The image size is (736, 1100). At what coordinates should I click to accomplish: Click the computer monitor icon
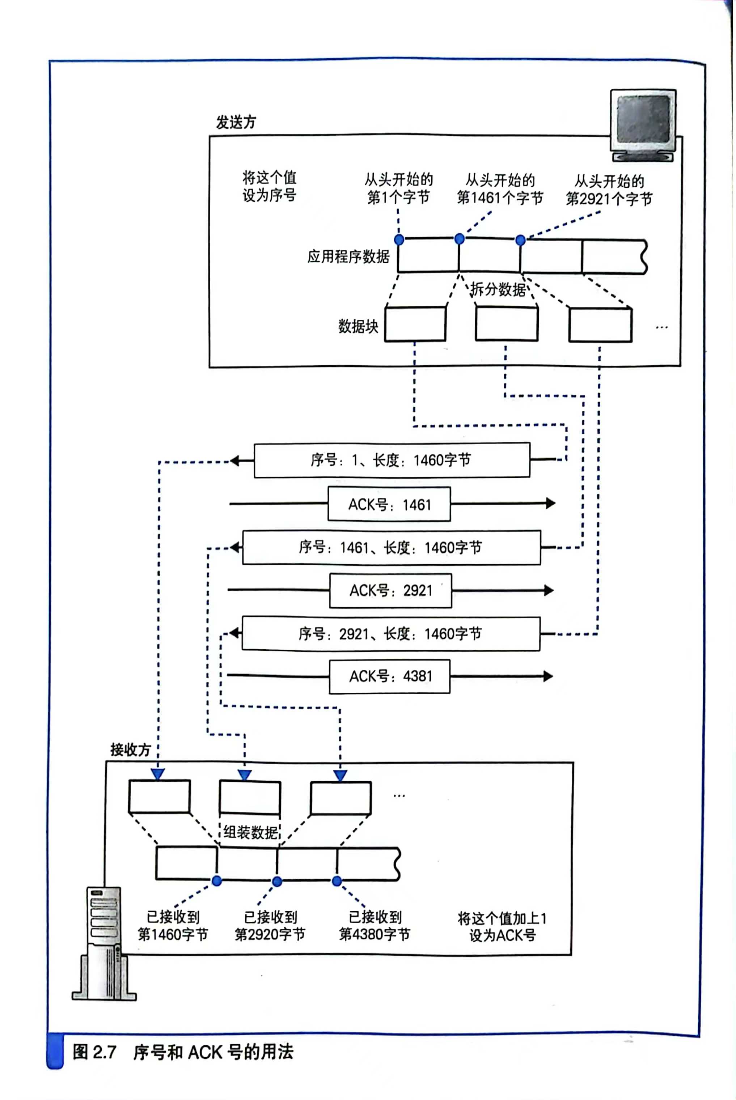click(x=643, y=124)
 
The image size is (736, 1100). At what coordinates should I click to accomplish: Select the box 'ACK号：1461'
click(x=389, y=504)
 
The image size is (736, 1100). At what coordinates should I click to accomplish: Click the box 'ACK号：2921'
click(x=390, y=591)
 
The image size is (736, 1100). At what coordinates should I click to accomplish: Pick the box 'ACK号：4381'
click(x=390, y=676)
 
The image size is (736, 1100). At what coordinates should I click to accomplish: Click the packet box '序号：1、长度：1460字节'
click(x=392, y=460)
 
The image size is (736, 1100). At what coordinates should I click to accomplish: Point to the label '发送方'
click(x=236, y=122)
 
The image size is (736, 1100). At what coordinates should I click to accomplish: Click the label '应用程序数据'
click(x=348, y=256)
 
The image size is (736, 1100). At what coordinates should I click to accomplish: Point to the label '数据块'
click(x=358, y=326)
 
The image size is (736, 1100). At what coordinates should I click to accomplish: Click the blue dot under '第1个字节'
click(x=399, y=240)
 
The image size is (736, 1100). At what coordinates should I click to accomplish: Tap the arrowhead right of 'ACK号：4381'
click(x=548, y=676)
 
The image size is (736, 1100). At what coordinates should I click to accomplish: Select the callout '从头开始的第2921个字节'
click(x=609, y=190)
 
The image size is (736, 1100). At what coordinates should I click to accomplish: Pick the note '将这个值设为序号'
click(x=270, y=186)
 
